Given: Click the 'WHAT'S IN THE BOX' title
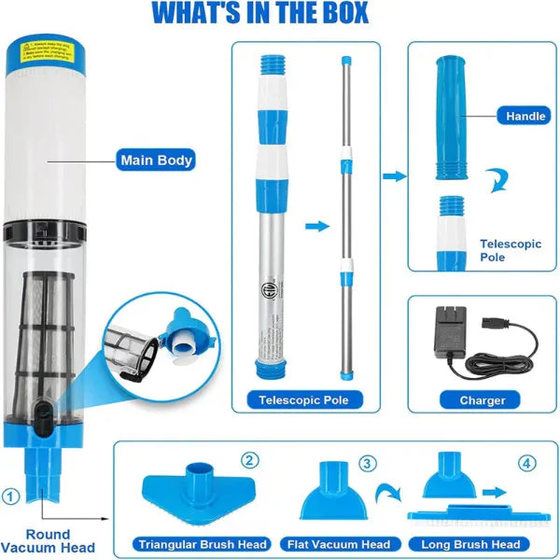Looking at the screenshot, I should point(259,14).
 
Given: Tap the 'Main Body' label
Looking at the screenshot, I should point(156,160).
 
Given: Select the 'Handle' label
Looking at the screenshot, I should point(525,117).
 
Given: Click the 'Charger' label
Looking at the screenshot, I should point(483,400).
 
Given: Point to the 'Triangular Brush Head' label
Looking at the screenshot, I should point(203,544).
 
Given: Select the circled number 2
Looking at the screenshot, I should point(249,460).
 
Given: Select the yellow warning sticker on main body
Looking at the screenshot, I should point(46,51).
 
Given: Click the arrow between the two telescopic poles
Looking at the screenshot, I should point(317,226).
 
